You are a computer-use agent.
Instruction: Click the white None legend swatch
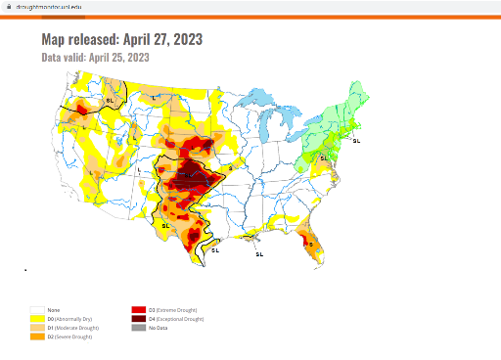37,310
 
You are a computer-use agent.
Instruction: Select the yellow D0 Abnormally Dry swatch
37,319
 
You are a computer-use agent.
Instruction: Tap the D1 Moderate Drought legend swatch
37,328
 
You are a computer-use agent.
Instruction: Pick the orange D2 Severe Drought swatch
37,337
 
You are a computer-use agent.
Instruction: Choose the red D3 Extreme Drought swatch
137,310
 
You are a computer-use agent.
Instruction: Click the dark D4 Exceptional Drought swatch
137,319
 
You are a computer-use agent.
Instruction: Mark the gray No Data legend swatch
137,328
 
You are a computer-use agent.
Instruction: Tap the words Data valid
64,58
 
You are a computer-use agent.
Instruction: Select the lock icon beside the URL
7,5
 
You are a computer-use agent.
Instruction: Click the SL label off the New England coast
356,142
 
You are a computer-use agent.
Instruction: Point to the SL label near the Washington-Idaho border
110,100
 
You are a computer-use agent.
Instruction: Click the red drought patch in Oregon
83,111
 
